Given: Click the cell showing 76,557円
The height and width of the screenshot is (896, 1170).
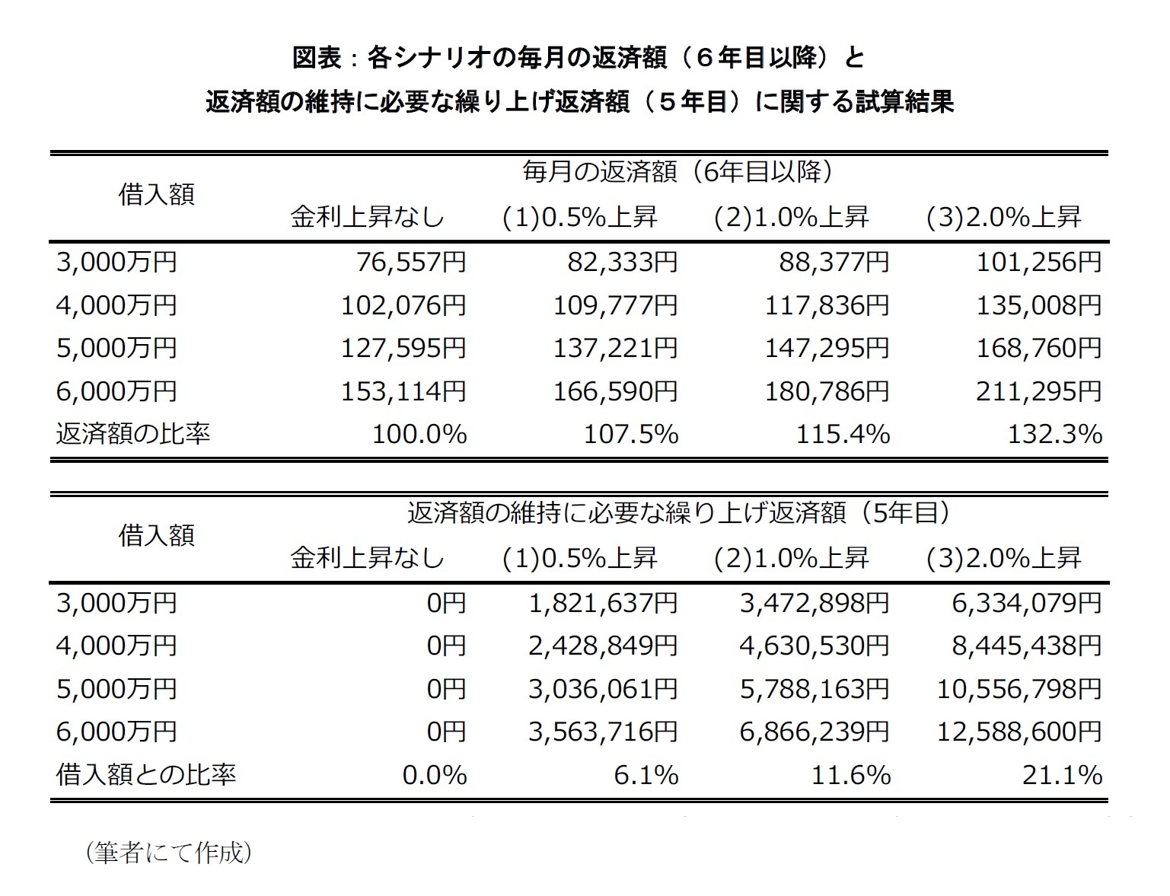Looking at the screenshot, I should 411,263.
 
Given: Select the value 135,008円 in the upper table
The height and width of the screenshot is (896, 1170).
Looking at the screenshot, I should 1039,305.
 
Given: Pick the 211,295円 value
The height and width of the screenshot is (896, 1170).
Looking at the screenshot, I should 1039,391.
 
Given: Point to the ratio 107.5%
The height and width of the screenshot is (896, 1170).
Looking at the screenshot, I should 631,435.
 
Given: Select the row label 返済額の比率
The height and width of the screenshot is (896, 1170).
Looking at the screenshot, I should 133,434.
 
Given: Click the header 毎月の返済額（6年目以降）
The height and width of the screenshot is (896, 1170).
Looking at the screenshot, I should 677,172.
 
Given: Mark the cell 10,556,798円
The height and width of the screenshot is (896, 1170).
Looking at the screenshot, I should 1019,689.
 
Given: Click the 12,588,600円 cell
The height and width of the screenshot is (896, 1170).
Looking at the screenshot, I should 1019,732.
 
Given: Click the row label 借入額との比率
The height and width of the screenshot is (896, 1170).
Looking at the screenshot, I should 146,775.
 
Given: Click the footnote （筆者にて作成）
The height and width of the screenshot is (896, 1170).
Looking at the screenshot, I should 168,853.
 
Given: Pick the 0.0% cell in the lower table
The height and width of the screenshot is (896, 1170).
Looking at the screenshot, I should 435,775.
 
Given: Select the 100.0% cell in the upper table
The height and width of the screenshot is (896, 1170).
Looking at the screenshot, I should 419,435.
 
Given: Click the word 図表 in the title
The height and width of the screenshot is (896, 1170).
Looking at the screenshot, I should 317,58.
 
